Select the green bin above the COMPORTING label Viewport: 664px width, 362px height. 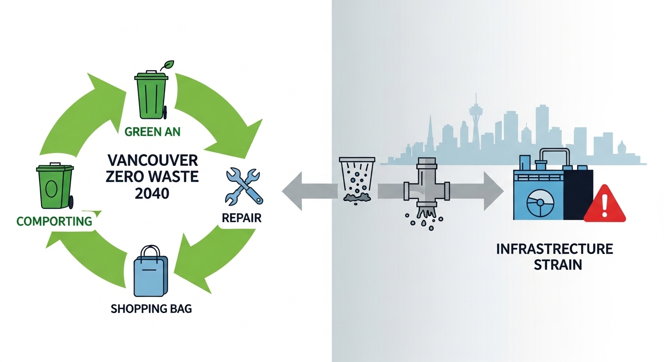pyautogui.click(x=55, y=186)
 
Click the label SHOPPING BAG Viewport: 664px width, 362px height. pyautogui.click(x=151, y=310)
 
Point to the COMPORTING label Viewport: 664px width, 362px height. pyautogui.click(x=54, y=221)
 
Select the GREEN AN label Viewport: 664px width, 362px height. pyautogui.click(x=152, y=132)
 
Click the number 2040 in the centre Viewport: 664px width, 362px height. pyautogui.click(x=152, y=193)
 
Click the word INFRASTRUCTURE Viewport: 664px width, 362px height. pyautogui.click(x=554, y=249)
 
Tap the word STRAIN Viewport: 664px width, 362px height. pyautogui.click(x=557, y=264)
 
